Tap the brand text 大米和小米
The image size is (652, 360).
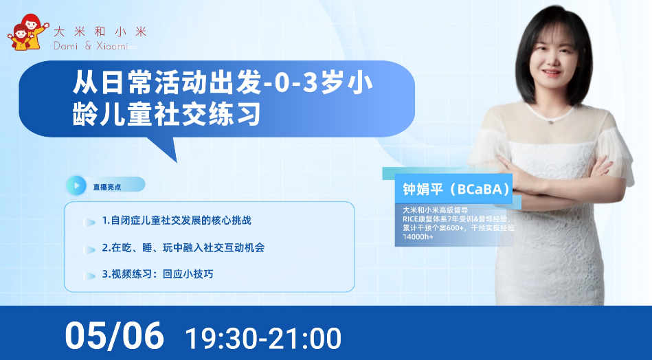point(100,31)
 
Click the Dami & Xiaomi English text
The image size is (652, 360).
point(91,46)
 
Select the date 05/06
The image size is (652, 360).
point(114,336)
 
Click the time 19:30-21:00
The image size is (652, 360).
point(263,339)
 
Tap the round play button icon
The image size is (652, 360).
point(76,185)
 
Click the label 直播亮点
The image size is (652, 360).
point(107,187)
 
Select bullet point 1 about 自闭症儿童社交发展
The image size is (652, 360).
point(177,221)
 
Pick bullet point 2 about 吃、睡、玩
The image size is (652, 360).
point(183,248)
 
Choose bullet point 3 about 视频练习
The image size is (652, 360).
point(157,274)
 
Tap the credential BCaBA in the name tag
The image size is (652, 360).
point(480,189)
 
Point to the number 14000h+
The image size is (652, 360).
point(418,236)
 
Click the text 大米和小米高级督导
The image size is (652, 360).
point(436,210)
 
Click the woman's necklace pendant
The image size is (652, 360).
point(550,122)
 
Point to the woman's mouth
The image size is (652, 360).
point(552,72)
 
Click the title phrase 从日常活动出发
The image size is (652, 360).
point(167,83)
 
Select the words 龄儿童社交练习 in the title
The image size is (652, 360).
point(167,113)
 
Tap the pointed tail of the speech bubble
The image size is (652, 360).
point(177,161)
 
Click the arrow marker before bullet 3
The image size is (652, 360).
point(89,275)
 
